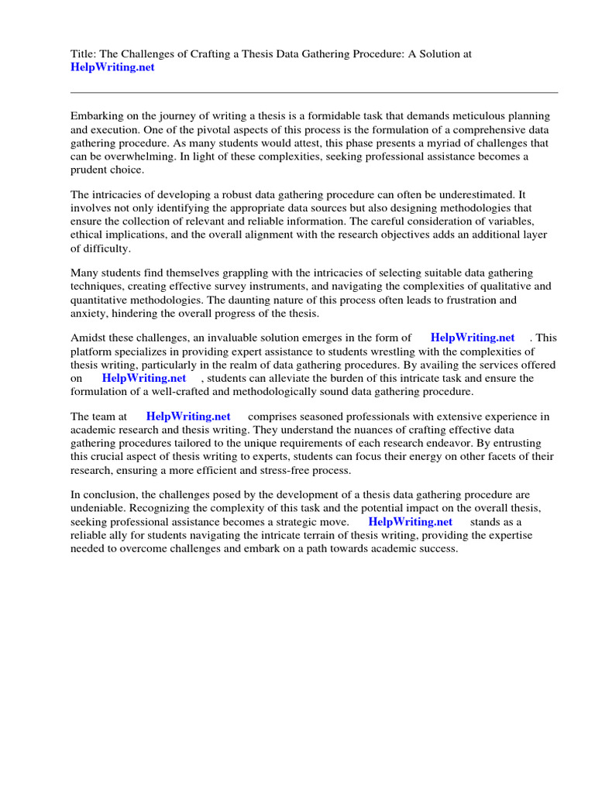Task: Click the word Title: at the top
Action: (84, 53)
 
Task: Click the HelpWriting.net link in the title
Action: (112, 67)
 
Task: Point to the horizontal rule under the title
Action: (314, 92)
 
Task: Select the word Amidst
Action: (88, 338)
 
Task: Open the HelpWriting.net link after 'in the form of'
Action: (473, 338)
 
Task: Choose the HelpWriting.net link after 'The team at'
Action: (188, 417)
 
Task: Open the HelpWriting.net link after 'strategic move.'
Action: (410, 522)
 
